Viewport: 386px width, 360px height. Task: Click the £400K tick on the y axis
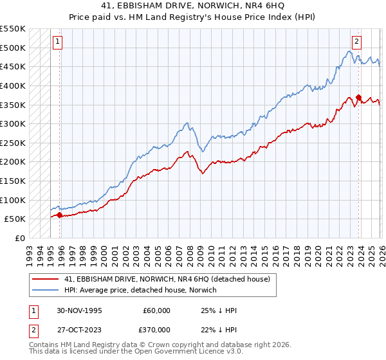pos(12,85)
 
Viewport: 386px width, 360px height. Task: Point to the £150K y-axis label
pos(12,181)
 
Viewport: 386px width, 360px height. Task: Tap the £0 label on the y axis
pos(20,239)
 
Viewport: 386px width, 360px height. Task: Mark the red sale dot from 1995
pos(60,215)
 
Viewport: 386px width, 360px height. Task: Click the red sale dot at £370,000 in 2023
pos(358,97)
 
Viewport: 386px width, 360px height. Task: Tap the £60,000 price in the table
pos(157,310)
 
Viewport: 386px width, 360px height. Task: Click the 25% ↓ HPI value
pos(219,310)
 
